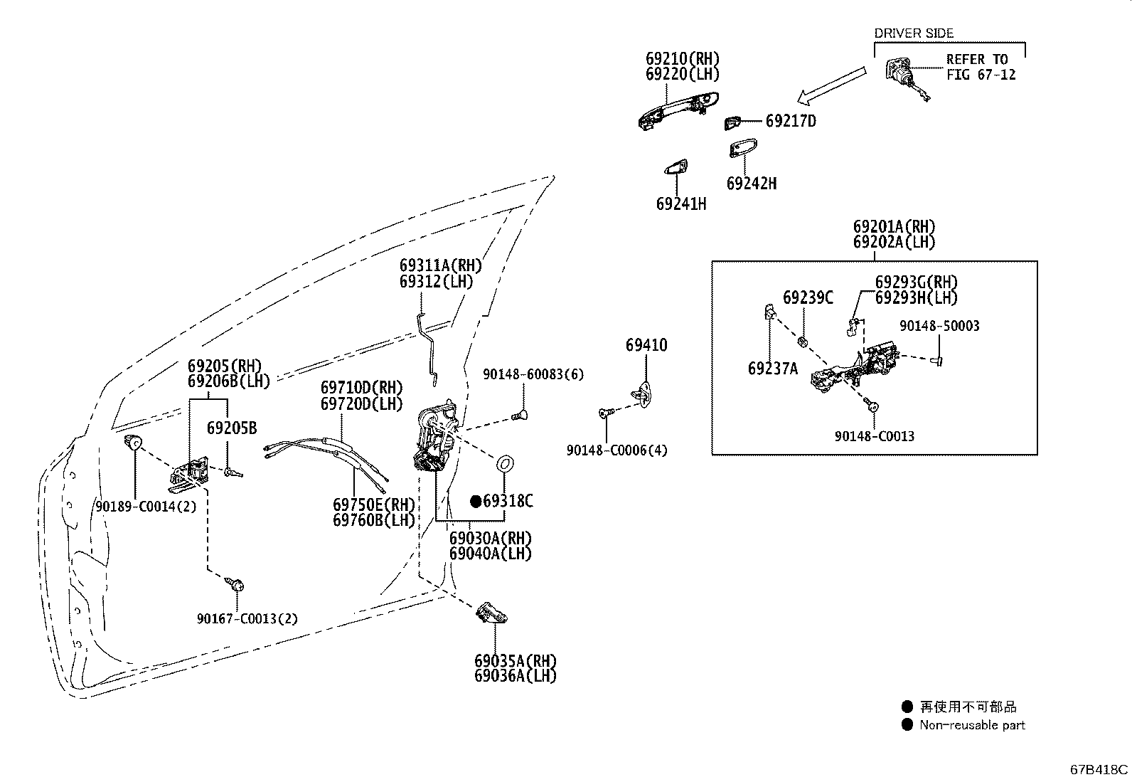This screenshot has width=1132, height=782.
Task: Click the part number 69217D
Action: coord(791,122)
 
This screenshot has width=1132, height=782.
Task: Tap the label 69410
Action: coord(646,345)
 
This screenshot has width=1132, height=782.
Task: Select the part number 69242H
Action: coord(752,184)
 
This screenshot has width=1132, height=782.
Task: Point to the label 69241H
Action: coord(681,204)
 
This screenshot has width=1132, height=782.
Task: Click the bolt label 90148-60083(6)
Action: coord(533,374)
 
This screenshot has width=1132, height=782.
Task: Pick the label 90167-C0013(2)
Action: coord(247,618)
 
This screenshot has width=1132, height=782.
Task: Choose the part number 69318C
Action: coord(508,501)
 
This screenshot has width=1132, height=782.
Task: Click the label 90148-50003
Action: coord(939,326)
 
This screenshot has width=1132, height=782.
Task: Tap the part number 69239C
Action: coord(808,297)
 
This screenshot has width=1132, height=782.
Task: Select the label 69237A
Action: coord(773,369)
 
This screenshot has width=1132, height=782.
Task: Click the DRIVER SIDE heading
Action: coord(914,33)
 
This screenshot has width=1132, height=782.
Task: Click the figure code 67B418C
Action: coord(1099,769)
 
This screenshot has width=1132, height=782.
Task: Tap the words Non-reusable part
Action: coord(972,725)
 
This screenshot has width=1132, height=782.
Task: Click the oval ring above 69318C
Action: coord(505,464)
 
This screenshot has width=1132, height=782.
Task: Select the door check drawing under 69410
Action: coord(642,394)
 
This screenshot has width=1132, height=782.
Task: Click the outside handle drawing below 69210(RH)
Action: coord(678,111)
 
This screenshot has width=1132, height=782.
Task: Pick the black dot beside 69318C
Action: coord(476,501)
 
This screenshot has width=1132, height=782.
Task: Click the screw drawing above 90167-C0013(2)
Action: coord(235,584)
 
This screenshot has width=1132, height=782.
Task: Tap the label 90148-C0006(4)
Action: coord(616,450)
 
